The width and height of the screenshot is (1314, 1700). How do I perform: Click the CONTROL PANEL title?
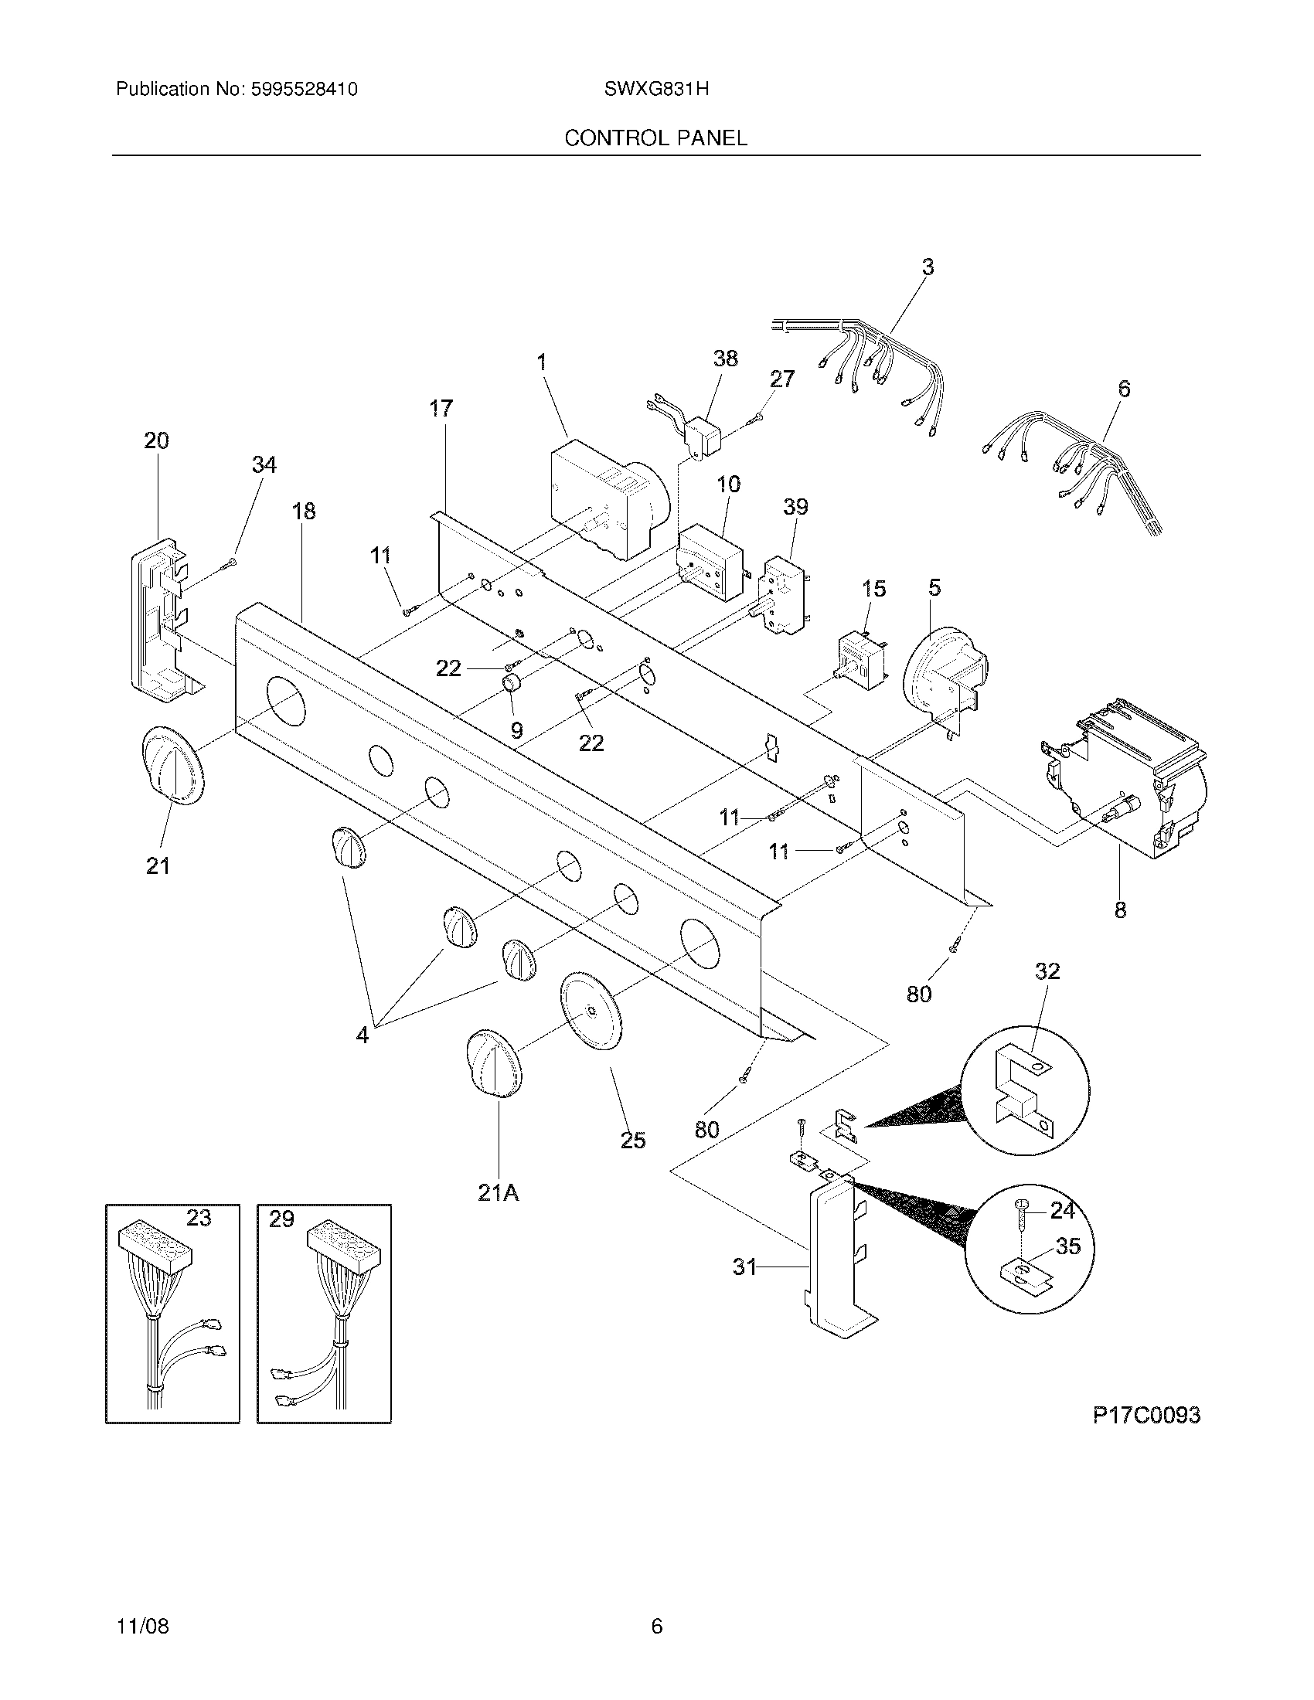(655, 138)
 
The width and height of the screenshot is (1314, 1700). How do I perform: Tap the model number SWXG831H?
(655, 89)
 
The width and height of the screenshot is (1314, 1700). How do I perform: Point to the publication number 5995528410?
(304, 89)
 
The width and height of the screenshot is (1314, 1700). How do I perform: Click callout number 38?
(725, 358)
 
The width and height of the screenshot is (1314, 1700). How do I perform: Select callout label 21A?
(499, 1192)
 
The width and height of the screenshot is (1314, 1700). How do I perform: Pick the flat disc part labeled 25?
(591, 1010)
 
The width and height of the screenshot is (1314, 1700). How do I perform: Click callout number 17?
(441, 408)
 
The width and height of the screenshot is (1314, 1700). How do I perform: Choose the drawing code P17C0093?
(1145, 1415)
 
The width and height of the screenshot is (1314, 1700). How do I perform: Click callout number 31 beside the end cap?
(744, 1267)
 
